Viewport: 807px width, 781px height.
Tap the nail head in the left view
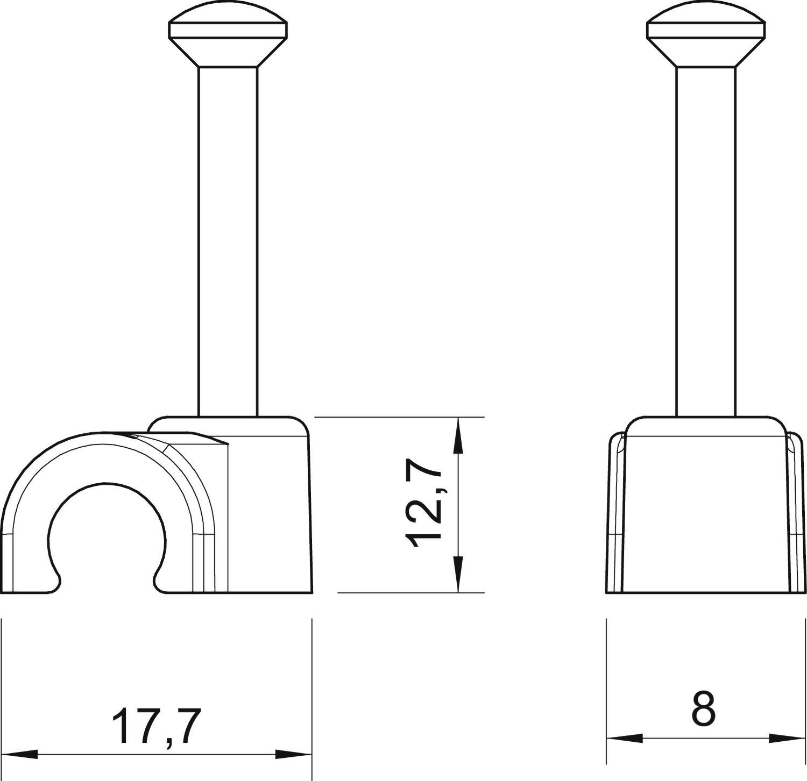[x=228, y=38]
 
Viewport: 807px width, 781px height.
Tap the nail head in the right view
[x=706, y=38]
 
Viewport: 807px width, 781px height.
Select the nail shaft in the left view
[x=228, y=242]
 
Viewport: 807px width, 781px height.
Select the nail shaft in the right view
[x=706, y=242]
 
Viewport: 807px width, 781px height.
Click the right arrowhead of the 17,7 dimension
[x=294, y=754]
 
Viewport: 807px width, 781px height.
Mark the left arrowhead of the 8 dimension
[x=625, y=738]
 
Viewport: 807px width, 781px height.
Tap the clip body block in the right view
[x=706, y=511]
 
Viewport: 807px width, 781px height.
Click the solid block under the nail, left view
[x=269, y=511]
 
